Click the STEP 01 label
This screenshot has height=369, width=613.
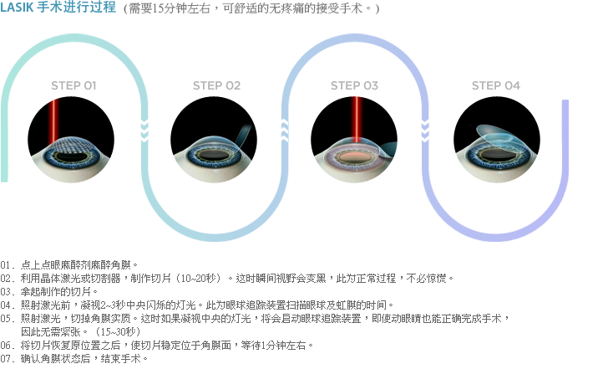click(73, 85)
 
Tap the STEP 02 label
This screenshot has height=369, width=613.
click(216, 85)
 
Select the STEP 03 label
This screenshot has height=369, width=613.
click(355, 85)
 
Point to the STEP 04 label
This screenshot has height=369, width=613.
click(496, 85)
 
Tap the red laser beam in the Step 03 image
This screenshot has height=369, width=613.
click(356, 120)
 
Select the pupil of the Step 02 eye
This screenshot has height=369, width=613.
click(214, 156)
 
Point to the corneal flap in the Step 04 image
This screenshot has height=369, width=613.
click(495, 136)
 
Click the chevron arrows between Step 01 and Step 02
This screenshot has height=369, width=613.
click(144, 131)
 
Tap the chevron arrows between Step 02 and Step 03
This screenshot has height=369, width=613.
click(285, 131)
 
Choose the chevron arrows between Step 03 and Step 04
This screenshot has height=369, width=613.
click(425, 131)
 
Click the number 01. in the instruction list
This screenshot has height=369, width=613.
click(8, 265)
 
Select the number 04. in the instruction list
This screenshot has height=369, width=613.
click(8, 305)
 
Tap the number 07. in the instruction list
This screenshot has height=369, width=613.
click(8, 358)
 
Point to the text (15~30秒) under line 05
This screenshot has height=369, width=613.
click(117, 332)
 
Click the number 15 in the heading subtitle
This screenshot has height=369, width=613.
click(158, 8)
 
